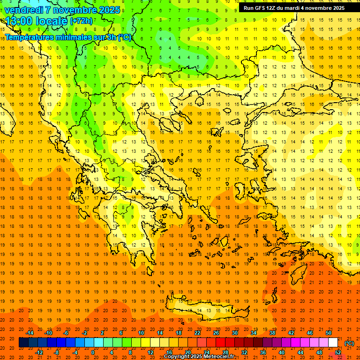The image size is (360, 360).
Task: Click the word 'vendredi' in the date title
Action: pyautogui.click(x=24, y=10)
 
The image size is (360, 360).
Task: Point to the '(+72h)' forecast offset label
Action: pyautogui.click(x=81, y=21)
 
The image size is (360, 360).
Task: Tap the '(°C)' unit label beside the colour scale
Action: pyautogui.click(x=349, y=343)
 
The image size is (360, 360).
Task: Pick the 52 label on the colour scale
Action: pyautogui.click(x=338, y=352)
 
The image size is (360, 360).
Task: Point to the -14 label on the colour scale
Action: pyautogui.click(x=29, y=333)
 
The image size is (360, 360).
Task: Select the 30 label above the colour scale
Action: pyautogui.click(x=235, y=333)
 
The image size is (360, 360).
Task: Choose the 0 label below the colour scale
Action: pyautogui.click(x=93, y=352)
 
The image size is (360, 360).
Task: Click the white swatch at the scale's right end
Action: pyautogui.click(x=333, y=343)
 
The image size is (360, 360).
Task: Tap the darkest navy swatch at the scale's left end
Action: pyautogui.click(x=23, y=343)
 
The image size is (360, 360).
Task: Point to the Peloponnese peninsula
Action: pyautogui.click(x=136, y=239)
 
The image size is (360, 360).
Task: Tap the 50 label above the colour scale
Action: pyautogui.click(x=329, y=333)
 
